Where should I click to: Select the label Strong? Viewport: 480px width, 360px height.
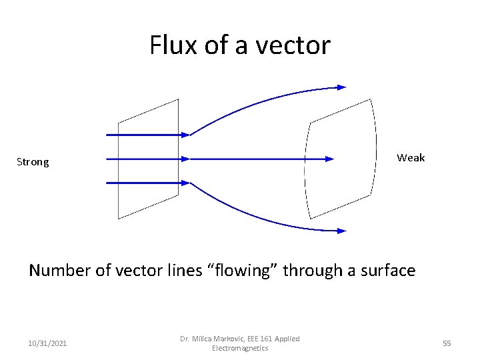point(33,162)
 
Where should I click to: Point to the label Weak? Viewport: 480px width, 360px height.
point(411,158)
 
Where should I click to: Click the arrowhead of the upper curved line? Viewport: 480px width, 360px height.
point(342,87)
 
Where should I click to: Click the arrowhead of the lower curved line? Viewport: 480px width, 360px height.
point(342,231)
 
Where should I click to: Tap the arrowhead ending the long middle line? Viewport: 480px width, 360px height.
point(329,159)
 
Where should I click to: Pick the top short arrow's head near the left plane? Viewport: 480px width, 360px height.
point(186,135)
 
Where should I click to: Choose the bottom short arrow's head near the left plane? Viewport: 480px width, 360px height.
point(186,183)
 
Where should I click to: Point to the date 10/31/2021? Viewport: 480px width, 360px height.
point(47,343)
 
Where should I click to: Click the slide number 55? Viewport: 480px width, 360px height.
point(447,343)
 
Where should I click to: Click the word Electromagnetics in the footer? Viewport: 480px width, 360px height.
point(240,348)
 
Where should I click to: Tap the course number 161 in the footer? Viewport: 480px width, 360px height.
point(271,339)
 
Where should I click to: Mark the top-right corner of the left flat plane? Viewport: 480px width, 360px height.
point(178,100)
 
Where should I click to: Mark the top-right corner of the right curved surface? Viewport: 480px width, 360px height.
point(370,99)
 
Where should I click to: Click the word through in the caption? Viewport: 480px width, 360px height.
point(309,270)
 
